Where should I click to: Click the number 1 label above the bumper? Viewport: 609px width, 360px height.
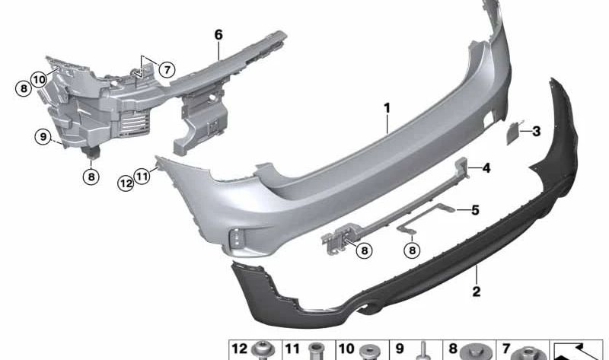point(387,108)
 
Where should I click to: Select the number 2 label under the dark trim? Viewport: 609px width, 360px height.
point(477,292)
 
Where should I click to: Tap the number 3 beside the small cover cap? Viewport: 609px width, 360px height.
point(537,131)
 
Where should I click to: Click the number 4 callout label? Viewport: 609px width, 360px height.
point(486,168)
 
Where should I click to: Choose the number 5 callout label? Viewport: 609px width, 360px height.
point(475,210)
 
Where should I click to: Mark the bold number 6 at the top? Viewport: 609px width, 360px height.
point(218,35)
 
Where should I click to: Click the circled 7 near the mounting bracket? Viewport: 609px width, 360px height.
point(167,70)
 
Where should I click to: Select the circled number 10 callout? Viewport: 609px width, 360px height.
point(39,80)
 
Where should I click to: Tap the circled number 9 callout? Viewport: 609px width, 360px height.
point(43,137)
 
